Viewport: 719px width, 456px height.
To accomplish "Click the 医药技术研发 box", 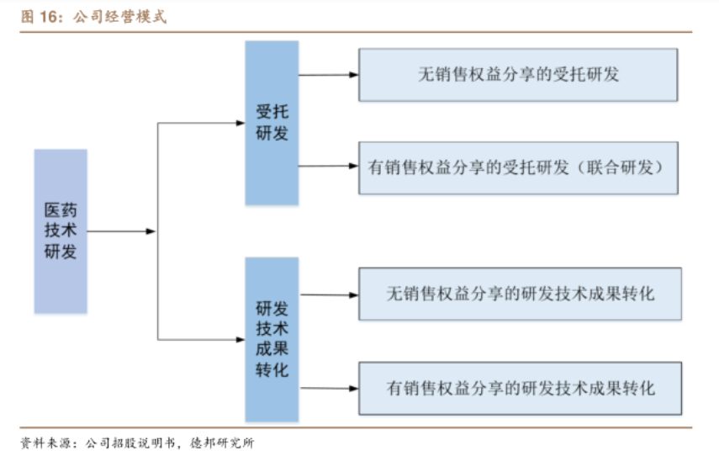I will coord(61,231).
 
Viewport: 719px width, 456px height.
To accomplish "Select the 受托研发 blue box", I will coord(272,123).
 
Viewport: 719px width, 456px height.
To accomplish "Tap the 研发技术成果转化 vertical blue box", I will coord(272,339).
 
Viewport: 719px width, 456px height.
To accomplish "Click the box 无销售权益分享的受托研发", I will coord(518,75).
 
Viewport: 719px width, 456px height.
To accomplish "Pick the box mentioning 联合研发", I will coord(518,167).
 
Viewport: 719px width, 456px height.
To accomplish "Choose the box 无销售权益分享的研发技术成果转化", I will coord(520,294).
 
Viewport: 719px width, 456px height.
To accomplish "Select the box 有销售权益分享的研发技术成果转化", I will coord(520,388).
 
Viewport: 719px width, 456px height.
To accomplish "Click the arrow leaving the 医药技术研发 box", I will coord(122,231).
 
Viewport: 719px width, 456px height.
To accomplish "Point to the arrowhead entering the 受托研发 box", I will coord(240,123).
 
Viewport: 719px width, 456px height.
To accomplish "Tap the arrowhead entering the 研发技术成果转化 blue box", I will coord(240,340).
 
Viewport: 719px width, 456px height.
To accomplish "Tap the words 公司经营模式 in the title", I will coord(119,17).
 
